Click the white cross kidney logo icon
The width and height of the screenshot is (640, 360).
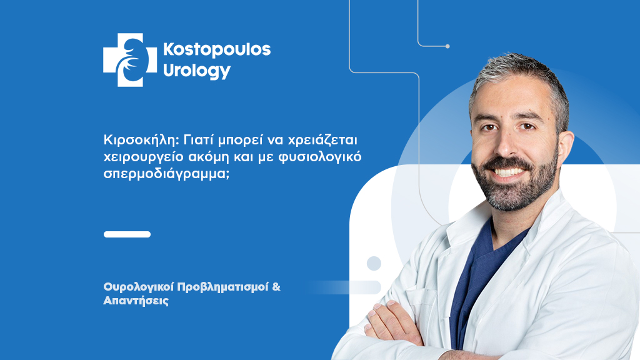click(x=129, y=60)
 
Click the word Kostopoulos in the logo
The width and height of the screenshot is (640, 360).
click(x=216, y=51)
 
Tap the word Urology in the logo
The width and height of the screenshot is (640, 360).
click(x=197, y=71)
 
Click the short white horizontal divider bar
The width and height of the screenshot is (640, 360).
click(x=127, y=234)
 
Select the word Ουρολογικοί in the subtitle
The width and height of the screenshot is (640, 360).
click(x=138, y=287)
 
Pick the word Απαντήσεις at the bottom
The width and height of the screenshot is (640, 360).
click(x=136, y=301)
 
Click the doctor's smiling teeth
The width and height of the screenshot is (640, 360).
click(x=512, y=171)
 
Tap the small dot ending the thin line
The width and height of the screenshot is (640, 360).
click(x=447, y=46)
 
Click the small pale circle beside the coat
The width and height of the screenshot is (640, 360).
click(x=374, y=263)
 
